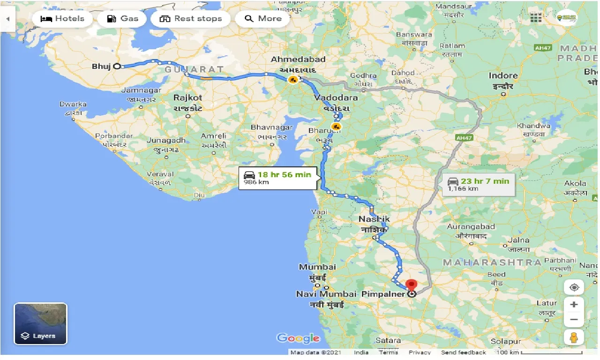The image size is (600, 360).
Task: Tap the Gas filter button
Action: coord(122,19)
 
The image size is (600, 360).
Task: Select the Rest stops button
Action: coord(191,19)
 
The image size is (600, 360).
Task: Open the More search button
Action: coord(263,19)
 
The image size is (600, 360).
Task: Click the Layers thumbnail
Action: coord(41,324)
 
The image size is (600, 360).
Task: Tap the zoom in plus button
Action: coord(574,305)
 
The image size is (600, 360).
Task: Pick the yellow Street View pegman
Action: coord(574,337)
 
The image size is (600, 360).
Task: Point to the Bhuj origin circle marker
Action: coord(117,67)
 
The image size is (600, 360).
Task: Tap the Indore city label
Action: coord(503,75)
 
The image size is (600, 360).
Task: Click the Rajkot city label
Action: coord(187,98)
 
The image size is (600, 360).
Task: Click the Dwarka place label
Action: coord(73,104)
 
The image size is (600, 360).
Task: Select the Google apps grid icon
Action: coord(536,18)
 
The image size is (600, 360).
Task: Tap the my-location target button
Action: coord(574,287)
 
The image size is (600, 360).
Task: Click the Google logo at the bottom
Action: coord(298,338)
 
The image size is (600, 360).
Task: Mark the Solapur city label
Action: coord(506,341)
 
